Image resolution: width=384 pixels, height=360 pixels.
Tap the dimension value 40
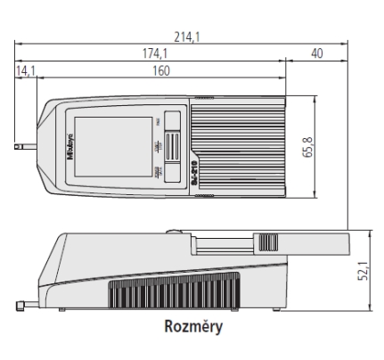(316, 54)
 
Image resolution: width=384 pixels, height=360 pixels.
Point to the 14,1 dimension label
(25, 70)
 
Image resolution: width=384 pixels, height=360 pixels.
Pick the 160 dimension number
(161, 70)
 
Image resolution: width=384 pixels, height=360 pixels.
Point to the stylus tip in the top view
(20, 142)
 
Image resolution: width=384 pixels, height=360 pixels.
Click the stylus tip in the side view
(20, 308)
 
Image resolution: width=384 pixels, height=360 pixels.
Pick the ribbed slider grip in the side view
(268, 242)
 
